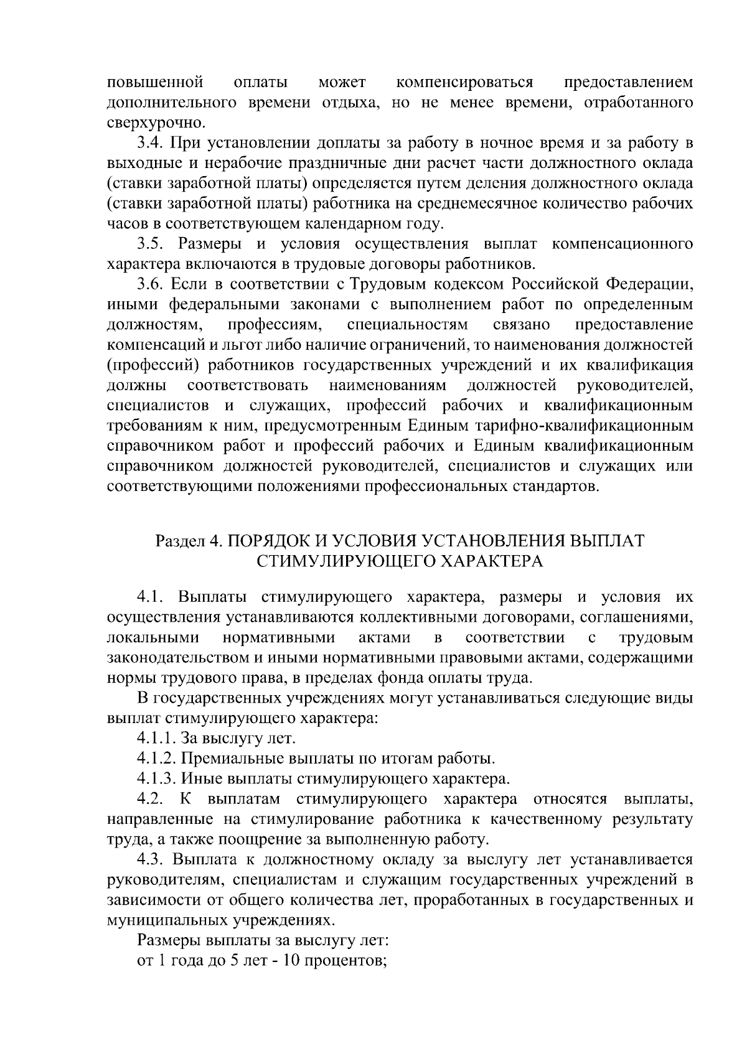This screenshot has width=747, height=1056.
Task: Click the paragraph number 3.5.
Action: [151, 243]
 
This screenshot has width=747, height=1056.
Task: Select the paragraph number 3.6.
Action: [151, 284]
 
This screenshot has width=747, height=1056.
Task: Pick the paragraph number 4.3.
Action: [151, 859]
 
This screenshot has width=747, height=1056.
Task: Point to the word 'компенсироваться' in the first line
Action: [464, 82]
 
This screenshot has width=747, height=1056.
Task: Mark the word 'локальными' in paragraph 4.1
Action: [153, 637]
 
